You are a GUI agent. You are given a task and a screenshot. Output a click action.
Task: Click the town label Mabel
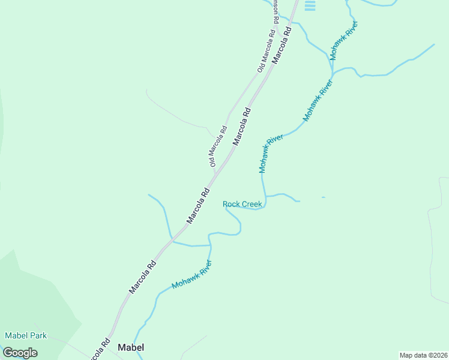point(131,347)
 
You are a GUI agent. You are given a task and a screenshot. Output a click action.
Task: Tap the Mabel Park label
point(26,335)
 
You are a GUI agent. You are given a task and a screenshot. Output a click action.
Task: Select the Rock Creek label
point(243,204)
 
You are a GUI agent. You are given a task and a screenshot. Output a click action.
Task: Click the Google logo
point(20,352)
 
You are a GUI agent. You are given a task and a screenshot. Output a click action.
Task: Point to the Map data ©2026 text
point(423,355)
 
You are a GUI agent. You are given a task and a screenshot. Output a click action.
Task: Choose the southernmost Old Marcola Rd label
point(217,146)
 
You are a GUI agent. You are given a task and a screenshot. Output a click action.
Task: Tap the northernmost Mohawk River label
point(343,40)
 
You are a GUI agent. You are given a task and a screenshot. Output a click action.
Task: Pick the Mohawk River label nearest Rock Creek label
point(271,154)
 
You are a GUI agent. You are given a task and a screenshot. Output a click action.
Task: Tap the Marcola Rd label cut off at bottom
point(98,349)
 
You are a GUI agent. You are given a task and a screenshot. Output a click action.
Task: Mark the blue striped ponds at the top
point(310,5)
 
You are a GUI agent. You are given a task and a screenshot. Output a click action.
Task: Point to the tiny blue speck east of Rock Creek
point(323,197)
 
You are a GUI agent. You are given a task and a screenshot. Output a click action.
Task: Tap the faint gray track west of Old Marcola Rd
point(174,114)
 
